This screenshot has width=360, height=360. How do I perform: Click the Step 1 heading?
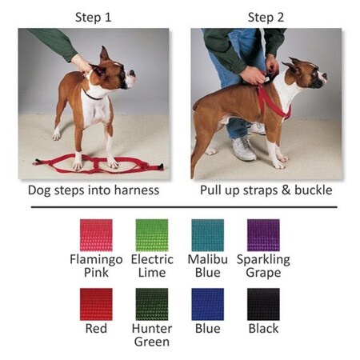point(94,17)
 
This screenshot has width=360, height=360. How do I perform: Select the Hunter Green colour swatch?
point(153,305)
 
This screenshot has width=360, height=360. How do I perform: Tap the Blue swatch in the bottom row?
point(208,305)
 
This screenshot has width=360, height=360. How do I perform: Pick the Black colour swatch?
point(263,305)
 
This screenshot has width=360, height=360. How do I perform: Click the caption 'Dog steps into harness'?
point(94,190)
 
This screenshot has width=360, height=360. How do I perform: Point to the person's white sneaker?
point(243,149)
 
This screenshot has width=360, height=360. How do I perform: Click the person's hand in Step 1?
point(82,62)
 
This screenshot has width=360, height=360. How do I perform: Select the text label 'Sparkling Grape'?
point(263,266)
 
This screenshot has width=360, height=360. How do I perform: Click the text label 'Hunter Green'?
point(153,335)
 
